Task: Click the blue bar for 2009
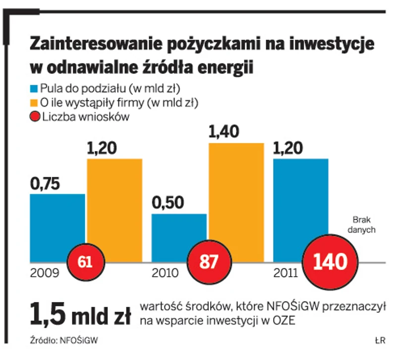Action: pyautogui.click(x=57, y=223)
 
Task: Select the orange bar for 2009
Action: pyautogui.click(x=114, y=203)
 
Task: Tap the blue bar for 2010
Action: pyautogui.click(x=178, y=233)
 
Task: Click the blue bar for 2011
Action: pyautogui.click(x=300, y=203)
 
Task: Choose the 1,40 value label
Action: pyautogui.click(x=224, y=132)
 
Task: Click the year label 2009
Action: pyautogui.click(x=45, y=273)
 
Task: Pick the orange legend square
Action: pyautogui.click(x=34, y=103)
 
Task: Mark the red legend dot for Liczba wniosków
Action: pyautogui.click(x=35, y=118)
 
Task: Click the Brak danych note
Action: pyautogui.click(x=361, y=224)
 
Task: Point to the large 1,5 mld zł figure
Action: pyautogui.click(x=79, y=313)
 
